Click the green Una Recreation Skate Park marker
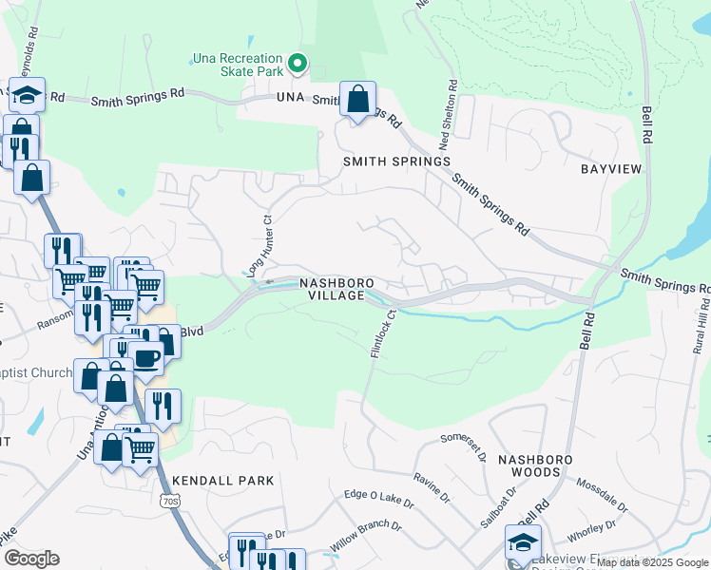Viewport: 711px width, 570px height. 297,65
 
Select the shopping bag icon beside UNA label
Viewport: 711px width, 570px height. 358,100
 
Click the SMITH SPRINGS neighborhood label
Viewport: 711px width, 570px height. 396,161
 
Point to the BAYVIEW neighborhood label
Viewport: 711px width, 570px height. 611,168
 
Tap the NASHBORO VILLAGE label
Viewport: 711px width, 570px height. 333,290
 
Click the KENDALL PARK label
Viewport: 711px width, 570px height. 223,481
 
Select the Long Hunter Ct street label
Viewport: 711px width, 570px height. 261,245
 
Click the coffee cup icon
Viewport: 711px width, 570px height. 146,359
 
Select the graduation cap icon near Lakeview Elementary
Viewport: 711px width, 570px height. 523,541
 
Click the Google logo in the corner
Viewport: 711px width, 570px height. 31,559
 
